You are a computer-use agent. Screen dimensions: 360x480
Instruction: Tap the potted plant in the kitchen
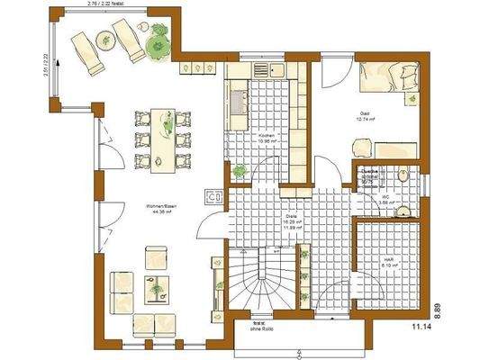coord(240,169)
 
